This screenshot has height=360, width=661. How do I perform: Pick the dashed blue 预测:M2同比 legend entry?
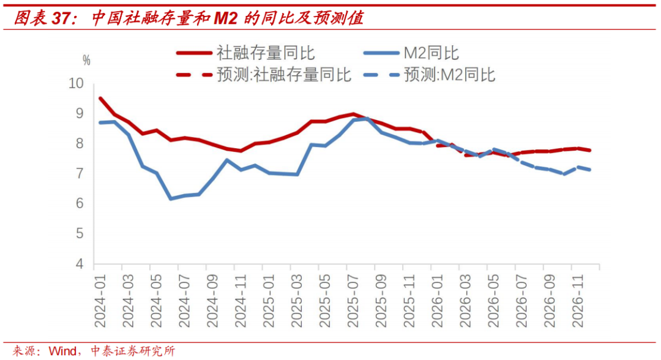[449, 75]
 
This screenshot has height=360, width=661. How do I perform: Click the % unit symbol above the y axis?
[86, 61]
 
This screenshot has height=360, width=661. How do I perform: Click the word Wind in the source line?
[62, 351]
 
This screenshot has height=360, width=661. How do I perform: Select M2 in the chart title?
[225, 18]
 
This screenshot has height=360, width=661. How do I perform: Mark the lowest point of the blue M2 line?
[171, 198]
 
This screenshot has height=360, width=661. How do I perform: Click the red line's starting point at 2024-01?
[100, 98]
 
